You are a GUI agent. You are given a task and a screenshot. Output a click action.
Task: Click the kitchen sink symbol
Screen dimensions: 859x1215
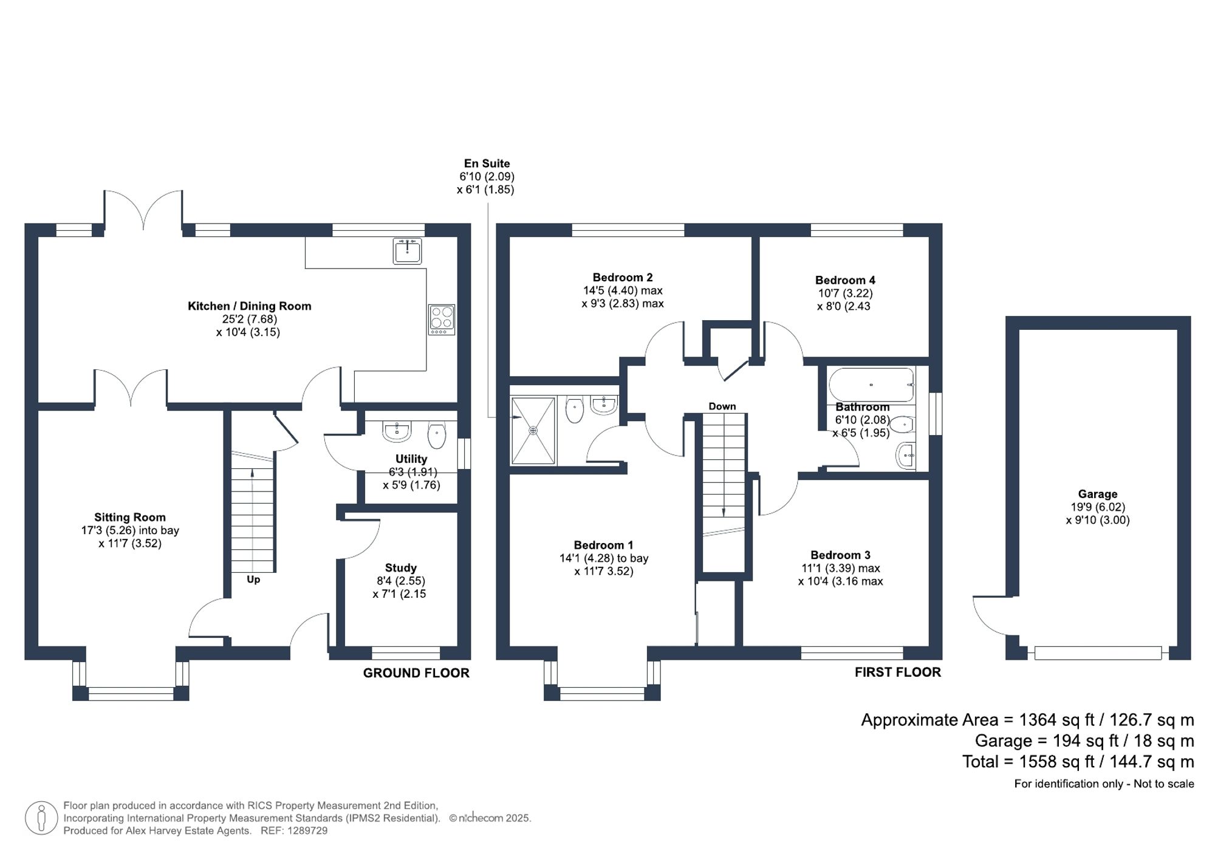click(x=407, y=251)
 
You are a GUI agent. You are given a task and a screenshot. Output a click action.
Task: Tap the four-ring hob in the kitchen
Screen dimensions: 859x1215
click(x=442, y=319)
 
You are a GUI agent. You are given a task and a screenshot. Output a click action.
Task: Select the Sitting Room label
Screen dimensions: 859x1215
click(x=130, y=517)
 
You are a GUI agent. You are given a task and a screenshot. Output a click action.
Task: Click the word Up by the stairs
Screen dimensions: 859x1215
click(x=253, y=580)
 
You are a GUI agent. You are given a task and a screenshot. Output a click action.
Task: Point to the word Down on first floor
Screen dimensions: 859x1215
click(x=722, y=406)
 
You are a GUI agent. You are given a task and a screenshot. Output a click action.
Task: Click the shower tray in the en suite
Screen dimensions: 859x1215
click(x=533, y=430)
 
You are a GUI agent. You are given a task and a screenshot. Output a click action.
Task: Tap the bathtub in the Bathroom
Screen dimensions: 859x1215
click(x=871, y=385)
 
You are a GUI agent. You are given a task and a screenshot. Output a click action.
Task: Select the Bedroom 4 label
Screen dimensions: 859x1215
click(x=845, y=280)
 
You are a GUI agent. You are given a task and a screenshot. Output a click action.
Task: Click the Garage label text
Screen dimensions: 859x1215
click(x=1097, y=494)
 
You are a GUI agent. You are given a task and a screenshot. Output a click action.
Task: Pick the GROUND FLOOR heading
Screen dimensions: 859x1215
click(x=416, y=673)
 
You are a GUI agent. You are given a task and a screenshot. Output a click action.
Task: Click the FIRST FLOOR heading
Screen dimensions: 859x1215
click(x=897, y=672)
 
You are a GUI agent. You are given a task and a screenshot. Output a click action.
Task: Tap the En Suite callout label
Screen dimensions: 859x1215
click(x=487, y=163)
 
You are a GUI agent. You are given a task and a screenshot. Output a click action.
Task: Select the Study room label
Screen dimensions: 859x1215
click(x=400, y=567)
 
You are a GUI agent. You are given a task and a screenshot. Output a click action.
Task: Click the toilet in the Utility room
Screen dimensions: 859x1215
click(x=437, y=435)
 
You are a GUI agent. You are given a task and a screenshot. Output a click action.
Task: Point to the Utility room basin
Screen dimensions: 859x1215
click(x=397, y=431)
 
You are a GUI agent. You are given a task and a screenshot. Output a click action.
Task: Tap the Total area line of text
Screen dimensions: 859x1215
click(x=1078, y=761)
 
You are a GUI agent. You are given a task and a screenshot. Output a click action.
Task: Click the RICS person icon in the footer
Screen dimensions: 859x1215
click(x=41, y=817)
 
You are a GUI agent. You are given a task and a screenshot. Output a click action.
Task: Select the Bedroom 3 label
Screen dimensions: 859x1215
click(x=840, y=555)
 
